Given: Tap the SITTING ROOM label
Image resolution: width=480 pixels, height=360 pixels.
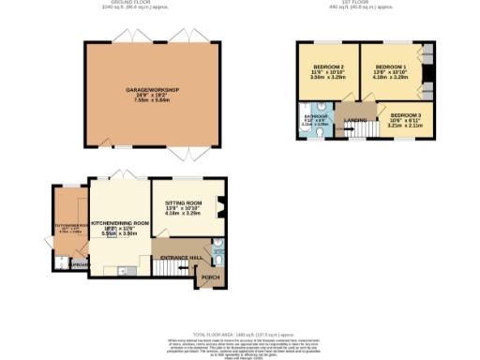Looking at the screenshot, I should point(184,202).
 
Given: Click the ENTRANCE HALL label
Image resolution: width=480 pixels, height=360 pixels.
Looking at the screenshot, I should point(182,256).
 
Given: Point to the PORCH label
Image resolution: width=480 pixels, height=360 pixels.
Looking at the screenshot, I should point(210,277).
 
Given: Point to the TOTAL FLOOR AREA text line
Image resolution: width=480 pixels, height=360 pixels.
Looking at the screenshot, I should point(240,334).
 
